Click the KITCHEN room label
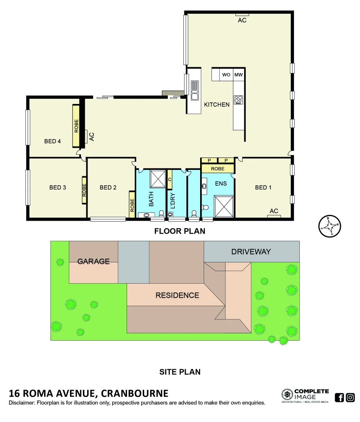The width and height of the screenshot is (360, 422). pyautogui.click(x=217, y=104)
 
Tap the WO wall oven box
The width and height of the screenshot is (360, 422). pyautogui.click(x=226, y=75)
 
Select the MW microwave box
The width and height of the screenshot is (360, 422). pyautogui.click(x=238, y=75)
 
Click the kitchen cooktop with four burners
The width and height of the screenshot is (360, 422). pyautogui.click(x=238, y=100)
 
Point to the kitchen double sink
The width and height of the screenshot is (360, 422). pyautogui.click(x=195, y=90)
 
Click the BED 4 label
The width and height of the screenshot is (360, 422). pyautogui.click(x=52, y=141)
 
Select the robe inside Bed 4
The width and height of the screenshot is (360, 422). pyautogui.click(x=76, y=126)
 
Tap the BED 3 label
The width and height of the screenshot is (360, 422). pyautogui.click(x=57, y=188)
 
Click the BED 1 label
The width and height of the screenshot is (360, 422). pyautogui.click(x=263, y=188)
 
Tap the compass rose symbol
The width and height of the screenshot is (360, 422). pyautogui.click(x=330, y=226)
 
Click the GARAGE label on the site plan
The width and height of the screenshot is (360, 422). pyautogui.click(x=93, y=261)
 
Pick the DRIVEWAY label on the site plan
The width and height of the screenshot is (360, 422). pyautogui.click(x=251, y=252)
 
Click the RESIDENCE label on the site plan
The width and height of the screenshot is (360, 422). pyautogui.click(x=177, y=295)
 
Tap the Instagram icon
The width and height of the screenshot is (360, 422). pyautogui.click(x=350, y=397)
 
